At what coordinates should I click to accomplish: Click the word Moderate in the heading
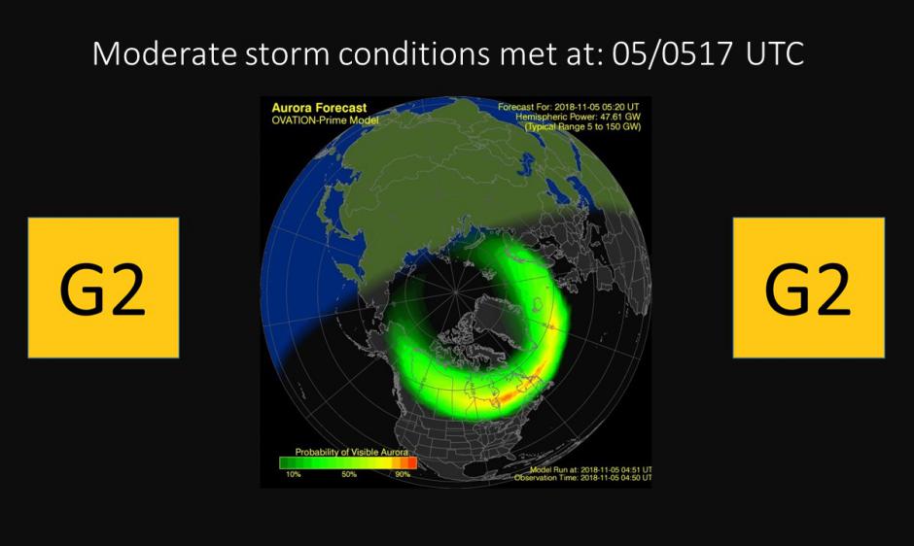(x=164, y=53)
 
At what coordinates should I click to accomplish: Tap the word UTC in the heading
(x=775, y=53)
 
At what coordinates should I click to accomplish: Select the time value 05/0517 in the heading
(x=672, y=53)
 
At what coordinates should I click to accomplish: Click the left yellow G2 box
(x=103, y=288)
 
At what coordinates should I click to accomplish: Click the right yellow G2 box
(x=808, y=288)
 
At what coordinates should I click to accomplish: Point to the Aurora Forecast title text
(x=319, y=108)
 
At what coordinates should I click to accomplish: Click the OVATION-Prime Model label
(x=325, y=120)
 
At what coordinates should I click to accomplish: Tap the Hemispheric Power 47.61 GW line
(x=578, y=117)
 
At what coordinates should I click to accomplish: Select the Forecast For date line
(x=569, y=107)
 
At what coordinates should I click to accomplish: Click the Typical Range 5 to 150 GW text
(x=582, y=126)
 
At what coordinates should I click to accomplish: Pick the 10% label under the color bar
(x=294, y=474)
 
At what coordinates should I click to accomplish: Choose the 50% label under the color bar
(x=348, y=474)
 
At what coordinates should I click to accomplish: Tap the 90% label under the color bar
(x=403, y=474)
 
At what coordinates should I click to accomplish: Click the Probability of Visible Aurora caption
(x=351, y=452)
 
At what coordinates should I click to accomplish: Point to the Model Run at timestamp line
(x=590, y=469)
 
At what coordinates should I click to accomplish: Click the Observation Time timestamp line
(x=582, y=478)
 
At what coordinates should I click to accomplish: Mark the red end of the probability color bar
(x=412, y=462)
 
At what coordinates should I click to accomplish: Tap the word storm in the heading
(x=287, y=53)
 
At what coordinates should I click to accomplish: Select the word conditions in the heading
(x=414, y=53)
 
